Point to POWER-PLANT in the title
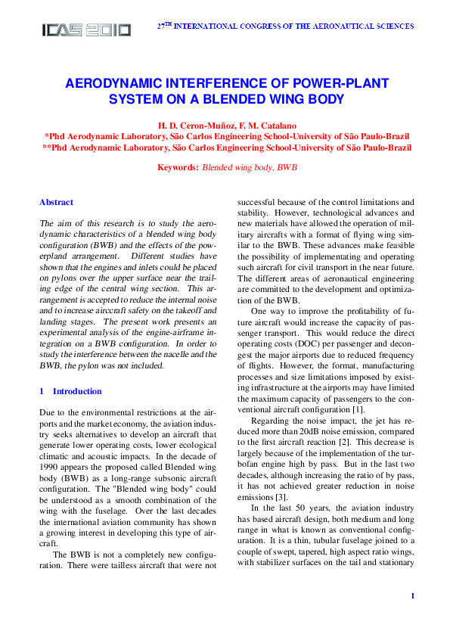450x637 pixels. click(340, 85)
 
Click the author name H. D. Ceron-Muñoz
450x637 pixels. click(190, 125)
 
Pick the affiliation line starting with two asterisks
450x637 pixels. click(227, 148)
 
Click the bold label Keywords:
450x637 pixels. click(177, 167)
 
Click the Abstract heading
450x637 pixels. click(56, 203)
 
